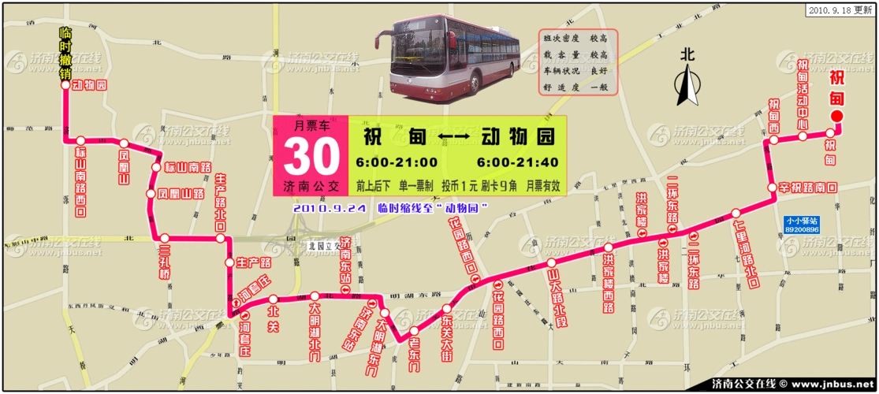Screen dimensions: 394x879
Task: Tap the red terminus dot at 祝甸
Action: point(837,117)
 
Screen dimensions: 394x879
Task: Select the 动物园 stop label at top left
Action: point(89,84)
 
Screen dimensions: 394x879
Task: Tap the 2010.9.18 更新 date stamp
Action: point(840,10)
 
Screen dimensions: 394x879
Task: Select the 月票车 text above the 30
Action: point(310,125)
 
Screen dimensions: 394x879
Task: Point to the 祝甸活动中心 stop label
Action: point(803,95)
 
